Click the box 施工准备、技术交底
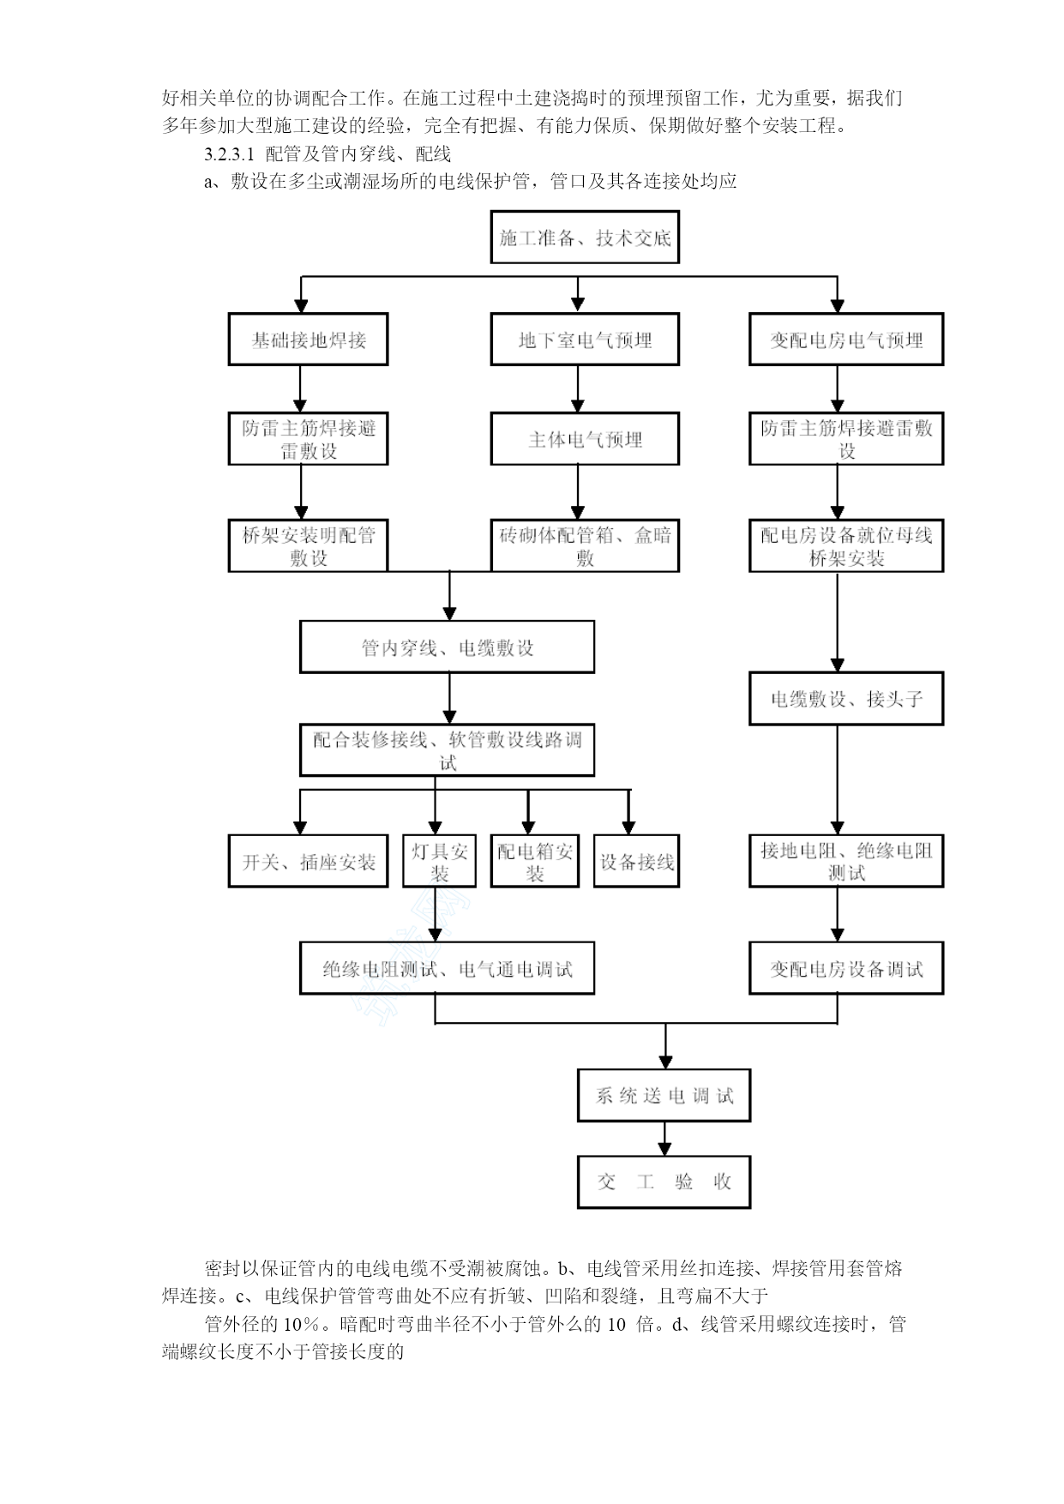[585, 238]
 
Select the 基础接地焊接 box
[308, 340]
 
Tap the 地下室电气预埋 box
[585, 340]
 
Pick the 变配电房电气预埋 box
[846, 340]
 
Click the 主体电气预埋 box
[585, 439]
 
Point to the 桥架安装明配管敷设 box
[308, 545]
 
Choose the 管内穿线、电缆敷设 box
[447, 647]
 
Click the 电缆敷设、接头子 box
[846, 699]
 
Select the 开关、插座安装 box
[308, 861]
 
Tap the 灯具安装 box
[439, 861]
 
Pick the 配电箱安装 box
[535, 861]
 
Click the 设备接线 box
[636, 861]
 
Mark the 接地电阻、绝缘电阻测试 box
[846, 861]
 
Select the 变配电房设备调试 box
[846, 969]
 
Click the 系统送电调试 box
[664, 1095]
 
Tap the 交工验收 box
[664, 1182]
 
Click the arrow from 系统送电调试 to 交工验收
[664, 1139]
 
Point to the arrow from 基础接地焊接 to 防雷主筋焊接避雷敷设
[300, 389]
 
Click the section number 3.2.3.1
[230, 154]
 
